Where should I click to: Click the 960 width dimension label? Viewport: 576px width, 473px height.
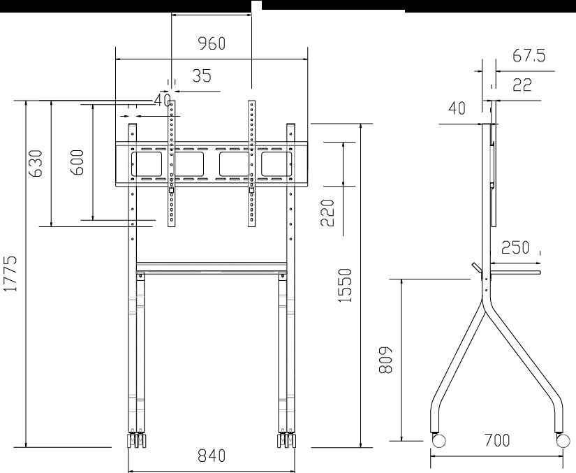click(212, 43)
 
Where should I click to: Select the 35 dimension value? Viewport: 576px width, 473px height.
click(202, 75)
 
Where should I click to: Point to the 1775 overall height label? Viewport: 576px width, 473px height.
click(10, 273)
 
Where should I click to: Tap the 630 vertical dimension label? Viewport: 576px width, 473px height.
click(36, 163)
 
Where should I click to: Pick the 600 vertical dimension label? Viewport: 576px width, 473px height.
click(77, 162)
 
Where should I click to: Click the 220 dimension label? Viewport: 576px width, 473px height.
click(327, 213)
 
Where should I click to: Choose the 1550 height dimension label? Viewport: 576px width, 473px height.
click(345, 286)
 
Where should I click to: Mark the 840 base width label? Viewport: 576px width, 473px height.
click(212, 456)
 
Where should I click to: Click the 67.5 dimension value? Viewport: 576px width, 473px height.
click(529, 55)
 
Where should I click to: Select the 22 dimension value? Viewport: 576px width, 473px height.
click(522, 85)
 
